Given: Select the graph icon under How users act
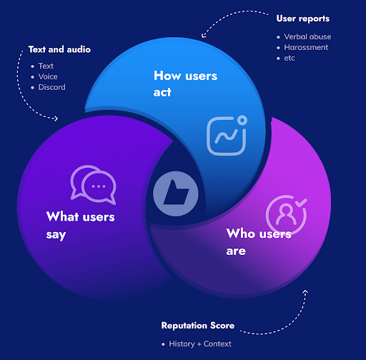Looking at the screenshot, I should [x=227, y=134].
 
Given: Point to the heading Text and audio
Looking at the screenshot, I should [x=59, y=49].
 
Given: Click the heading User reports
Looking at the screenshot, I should [x=302, y=18].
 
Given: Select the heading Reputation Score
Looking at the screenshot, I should [x=198, y=326].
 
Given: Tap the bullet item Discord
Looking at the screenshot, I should [x=51, y=87].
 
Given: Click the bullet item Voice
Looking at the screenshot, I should [x=48, y=76].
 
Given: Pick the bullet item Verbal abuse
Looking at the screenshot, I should [x=307, y=36].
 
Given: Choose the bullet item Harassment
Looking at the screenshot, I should [x=306, y=47].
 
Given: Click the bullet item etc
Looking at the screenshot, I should [x=290, y=58].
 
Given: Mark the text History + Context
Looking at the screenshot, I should [x=200, y=344].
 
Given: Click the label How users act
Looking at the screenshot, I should [x=185, y=84].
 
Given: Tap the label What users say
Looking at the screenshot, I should [x=80, y=224].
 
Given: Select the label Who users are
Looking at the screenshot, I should [x=258, y=241].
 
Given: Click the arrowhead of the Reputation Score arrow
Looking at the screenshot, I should [x=305, y=292].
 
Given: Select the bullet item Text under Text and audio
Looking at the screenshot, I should [x=46, y=66].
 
